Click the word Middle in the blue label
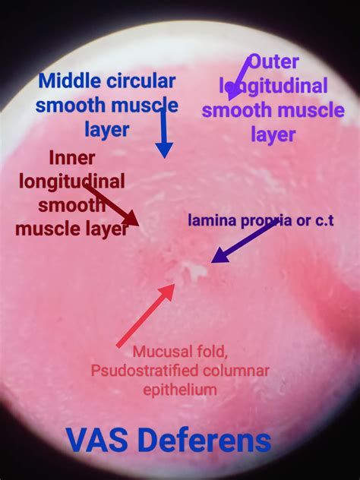69,81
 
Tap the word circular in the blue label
141,81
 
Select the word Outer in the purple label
273,62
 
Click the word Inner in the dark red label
72,158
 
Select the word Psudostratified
144,371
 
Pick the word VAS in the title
96,441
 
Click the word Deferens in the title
207,441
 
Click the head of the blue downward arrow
164,150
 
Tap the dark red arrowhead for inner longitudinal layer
132,219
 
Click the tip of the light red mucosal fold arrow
175,284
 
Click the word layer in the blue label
107,131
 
